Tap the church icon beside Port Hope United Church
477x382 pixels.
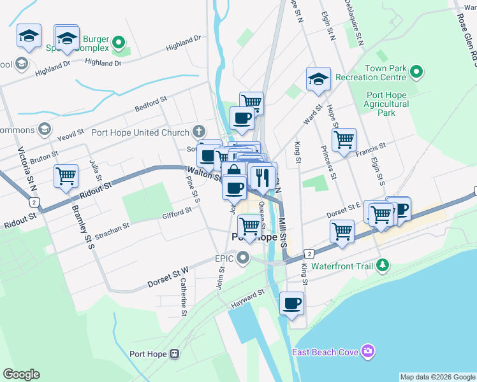click(x=199, y=132)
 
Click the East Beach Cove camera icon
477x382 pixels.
click(x=367, y=351)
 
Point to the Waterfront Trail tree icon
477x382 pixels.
click(x=382, y=265)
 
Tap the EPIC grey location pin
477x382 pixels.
click(x=243, y=258)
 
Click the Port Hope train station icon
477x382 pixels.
click(x=174, y=353)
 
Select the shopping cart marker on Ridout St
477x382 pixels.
click(x=66, y=176)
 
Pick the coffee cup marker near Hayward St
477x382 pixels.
click(x=291, y=303)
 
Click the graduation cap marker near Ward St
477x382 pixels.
click(x=318, y=79)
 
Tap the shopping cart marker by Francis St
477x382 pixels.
click(x=344, y=139)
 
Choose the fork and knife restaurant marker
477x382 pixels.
click(x=262, y=176)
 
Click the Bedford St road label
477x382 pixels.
click(x=150, y=104)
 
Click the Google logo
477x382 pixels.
click(x=21, y=374)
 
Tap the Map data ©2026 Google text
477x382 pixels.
click(x=437, y=377)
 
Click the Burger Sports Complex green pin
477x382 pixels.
click(x=118, y=43)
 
